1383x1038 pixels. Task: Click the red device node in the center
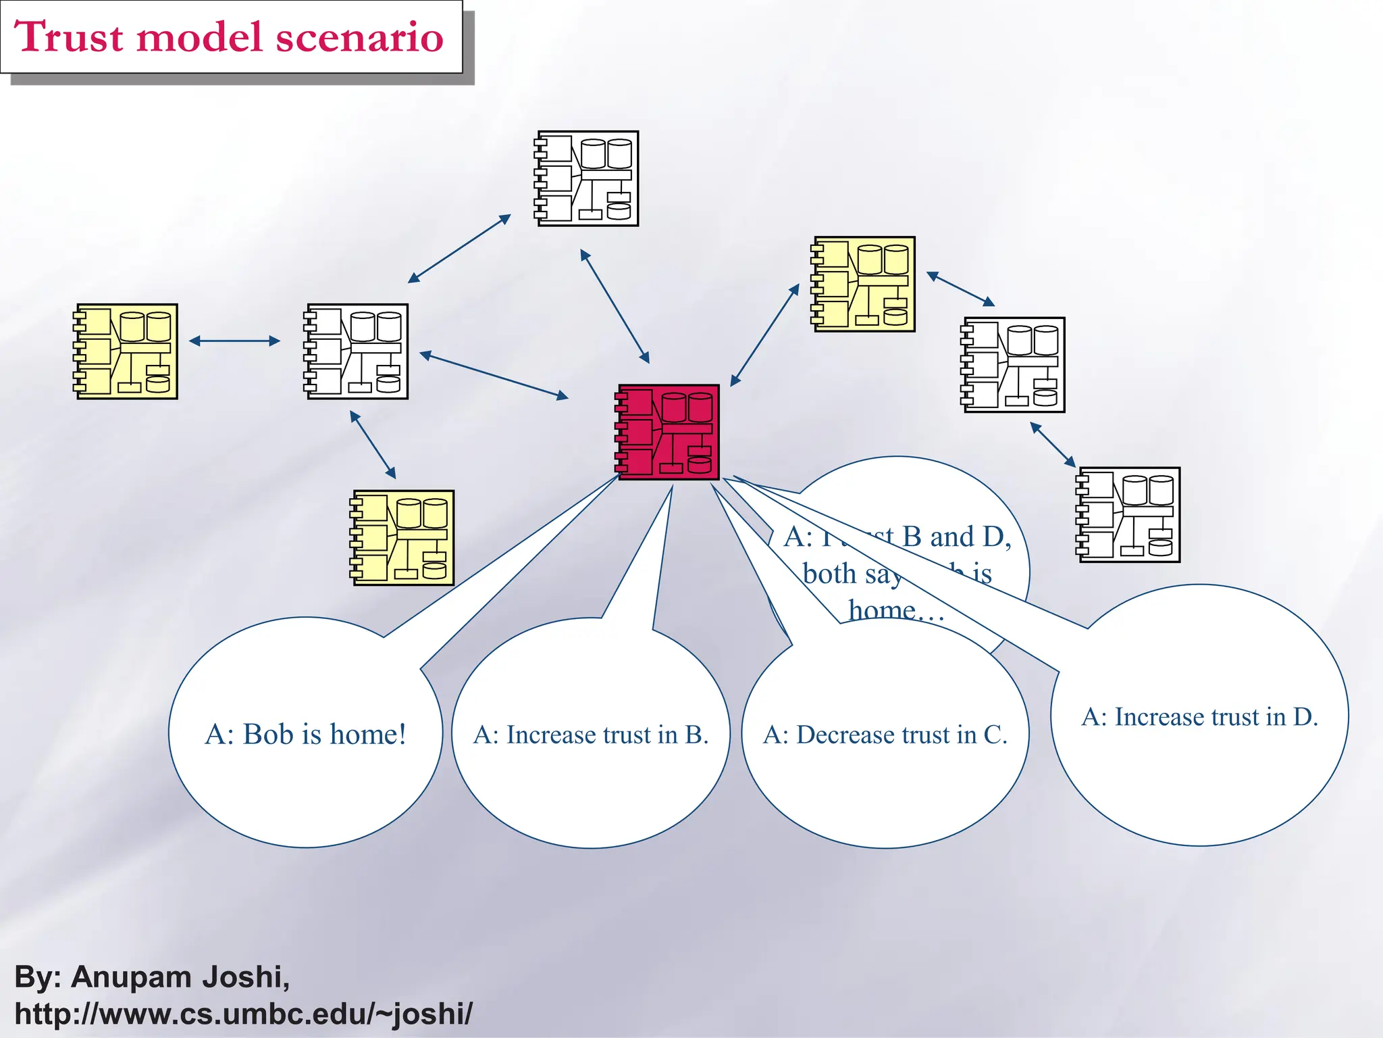668,432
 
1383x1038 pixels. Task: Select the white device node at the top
587,178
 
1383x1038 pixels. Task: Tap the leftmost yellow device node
126,351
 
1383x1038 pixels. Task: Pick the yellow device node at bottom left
402,538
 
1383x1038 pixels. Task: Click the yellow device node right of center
864,284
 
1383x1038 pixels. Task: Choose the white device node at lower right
1128,515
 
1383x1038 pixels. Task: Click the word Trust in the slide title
68,36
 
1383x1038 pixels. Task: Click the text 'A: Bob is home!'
305,735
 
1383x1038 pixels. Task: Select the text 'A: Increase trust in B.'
591,735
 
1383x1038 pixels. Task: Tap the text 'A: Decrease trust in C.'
885,735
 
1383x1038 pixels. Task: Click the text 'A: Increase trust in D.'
1199,717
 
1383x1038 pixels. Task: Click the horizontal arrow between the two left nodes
234,341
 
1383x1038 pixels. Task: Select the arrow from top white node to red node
615,306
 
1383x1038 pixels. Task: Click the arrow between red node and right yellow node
764,335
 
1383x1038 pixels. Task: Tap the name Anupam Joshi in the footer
180,977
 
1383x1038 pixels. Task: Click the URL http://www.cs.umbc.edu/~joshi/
243,1014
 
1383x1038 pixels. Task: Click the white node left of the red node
357,351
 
